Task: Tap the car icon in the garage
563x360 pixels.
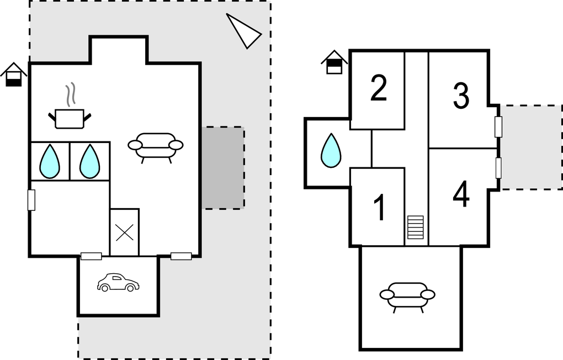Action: pos(118,282)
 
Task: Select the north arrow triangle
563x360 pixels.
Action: pos(243,30)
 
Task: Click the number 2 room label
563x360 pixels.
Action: pos(379,88)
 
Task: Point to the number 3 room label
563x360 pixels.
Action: pos(461,95)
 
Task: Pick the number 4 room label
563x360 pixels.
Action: pos(461,194)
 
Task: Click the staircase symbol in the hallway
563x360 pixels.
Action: pos(415,227)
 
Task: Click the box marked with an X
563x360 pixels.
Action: pos(124,232)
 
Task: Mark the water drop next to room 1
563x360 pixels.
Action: pos(331,150)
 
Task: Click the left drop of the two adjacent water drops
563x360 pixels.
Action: pos(50,161)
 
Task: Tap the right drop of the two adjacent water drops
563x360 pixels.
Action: pos(89,161)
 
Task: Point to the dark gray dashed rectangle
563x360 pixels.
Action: pos(223,168)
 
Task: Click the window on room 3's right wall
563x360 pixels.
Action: pos(498,126)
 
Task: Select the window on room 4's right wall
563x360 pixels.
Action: pos(498,168)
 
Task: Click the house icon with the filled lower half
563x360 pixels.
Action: pos(14,75)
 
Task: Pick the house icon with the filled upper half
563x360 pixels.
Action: pos(334,62)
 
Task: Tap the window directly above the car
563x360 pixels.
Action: pos(91,256)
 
